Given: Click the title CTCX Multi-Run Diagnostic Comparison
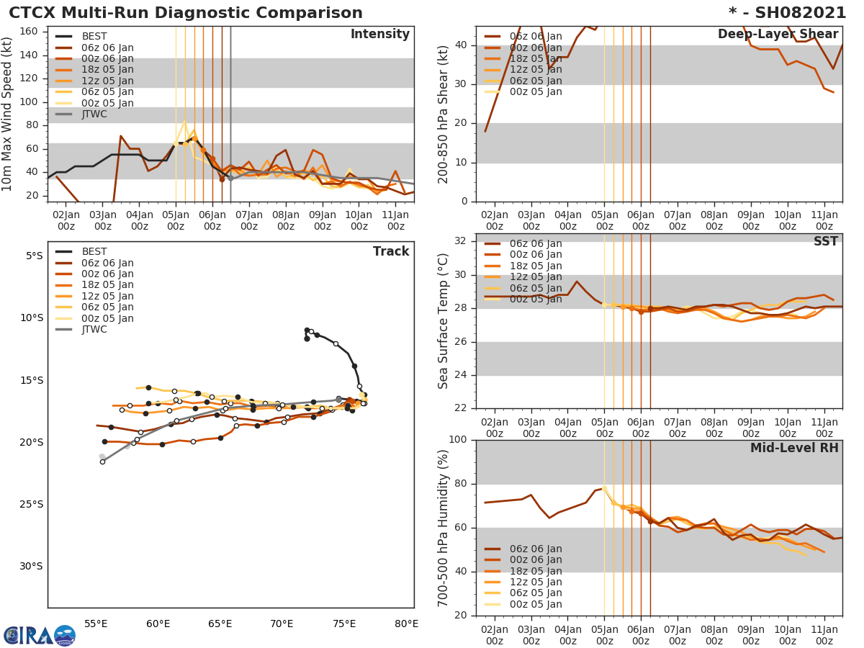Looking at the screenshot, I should click(186, 13).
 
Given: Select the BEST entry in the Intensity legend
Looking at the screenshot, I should click(94, 37).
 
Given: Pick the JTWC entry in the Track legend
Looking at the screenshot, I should click(94, 329).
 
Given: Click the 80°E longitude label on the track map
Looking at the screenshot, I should click(407, 624).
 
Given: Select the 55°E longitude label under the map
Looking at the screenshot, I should click(96, 624).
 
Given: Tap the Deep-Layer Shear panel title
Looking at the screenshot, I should click(778, 35).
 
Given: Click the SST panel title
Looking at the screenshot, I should click(826, 241).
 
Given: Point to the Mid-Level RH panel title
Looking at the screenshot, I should click(794, 448).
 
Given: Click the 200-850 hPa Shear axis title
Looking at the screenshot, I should click(444, 114).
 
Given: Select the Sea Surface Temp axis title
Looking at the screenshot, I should click(444, 320).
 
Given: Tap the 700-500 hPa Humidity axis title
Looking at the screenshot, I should click(444, 528).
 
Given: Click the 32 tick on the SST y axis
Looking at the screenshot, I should click(461, 241).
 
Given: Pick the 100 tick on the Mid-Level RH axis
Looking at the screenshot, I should click(458, 440).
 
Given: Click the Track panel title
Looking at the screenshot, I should click(391, 251).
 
